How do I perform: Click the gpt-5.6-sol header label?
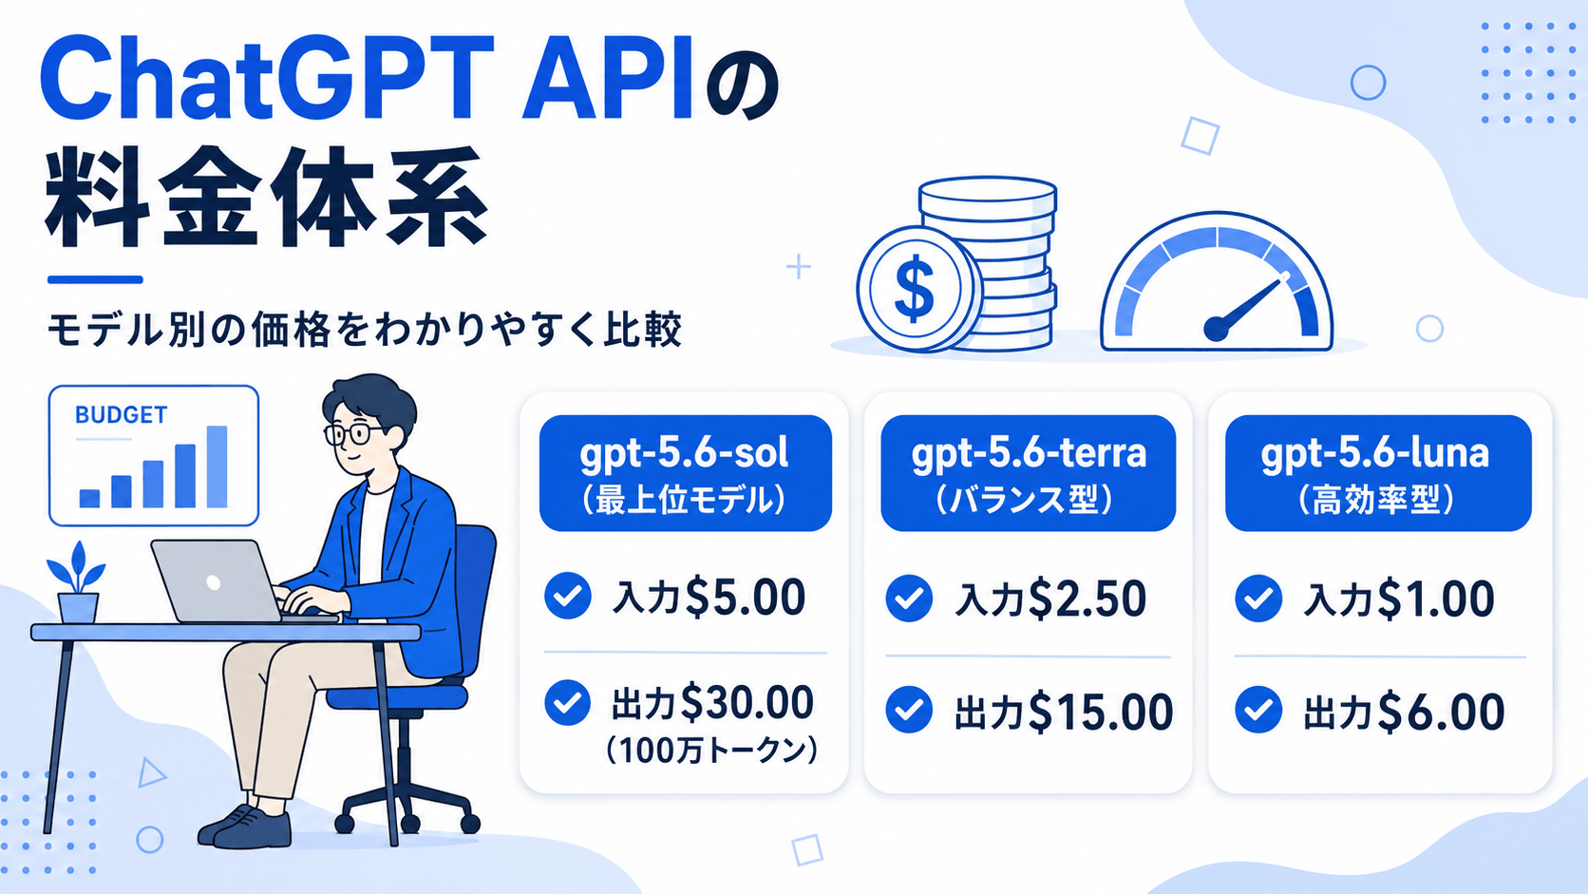[685, 473]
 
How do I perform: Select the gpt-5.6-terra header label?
[1028, 473]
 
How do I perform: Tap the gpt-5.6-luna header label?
[1377, 473]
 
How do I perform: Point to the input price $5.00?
[745, 597]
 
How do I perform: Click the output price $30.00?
[747, 703]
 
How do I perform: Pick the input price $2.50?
[1087, 599]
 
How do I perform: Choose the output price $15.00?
[1100, 712]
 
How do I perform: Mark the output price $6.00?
[1441, 712]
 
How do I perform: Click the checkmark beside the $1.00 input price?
[1258, 599]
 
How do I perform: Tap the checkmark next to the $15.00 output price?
[909, 710]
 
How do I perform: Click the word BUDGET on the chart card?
[121, 415]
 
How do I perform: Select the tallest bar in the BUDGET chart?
[217, 466]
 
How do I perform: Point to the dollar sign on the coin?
[915, 289]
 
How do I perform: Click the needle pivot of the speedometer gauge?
[1217, 329]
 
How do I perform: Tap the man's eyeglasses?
[357, 434]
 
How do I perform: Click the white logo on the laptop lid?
[213, 582]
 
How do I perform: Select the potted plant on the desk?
[77, 582]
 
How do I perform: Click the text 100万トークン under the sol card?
[711, 751]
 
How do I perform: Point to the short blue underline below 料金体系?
[95, 279]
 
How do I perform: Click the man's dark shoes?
[245, 827]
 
